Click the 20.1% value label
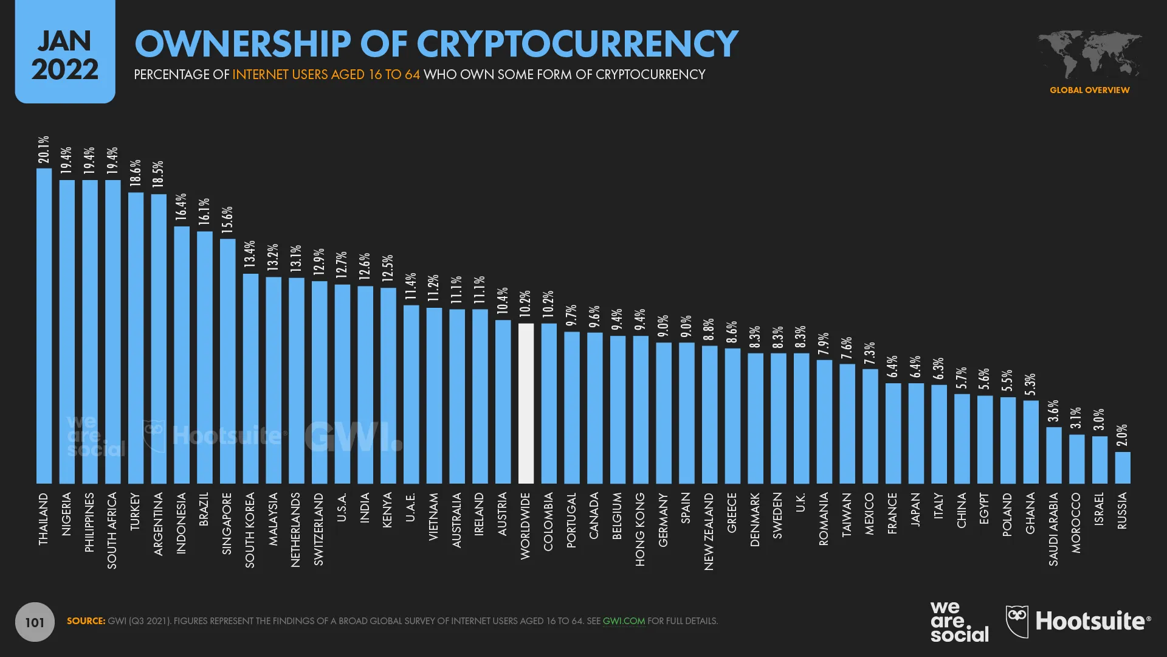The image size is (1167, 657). click(x=44, y=150)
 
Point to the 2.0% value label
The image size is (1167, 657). click(x=1123, y=435)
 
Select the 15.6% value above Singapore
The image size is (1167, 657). click(x=227, y=220)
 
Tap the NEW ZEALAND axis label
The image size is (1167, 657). click(x=709, y=531)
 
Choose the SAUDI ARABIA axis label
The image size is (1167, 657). click(x=1053, y=529)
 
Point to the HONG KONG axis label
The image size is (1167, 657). click(x=640, y=529)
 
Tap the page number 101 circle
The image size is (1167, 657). click(x=35, y=622)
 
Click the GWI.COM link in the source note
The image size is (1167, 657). click(x=624, y=621)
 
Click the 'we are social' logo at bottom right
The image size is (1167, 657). click(x=959, y=621)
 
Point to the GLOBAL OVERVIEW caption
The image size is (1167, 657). click(x=1089, y=90)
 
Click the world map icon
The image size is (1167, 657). click(x=1089, y=54)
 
